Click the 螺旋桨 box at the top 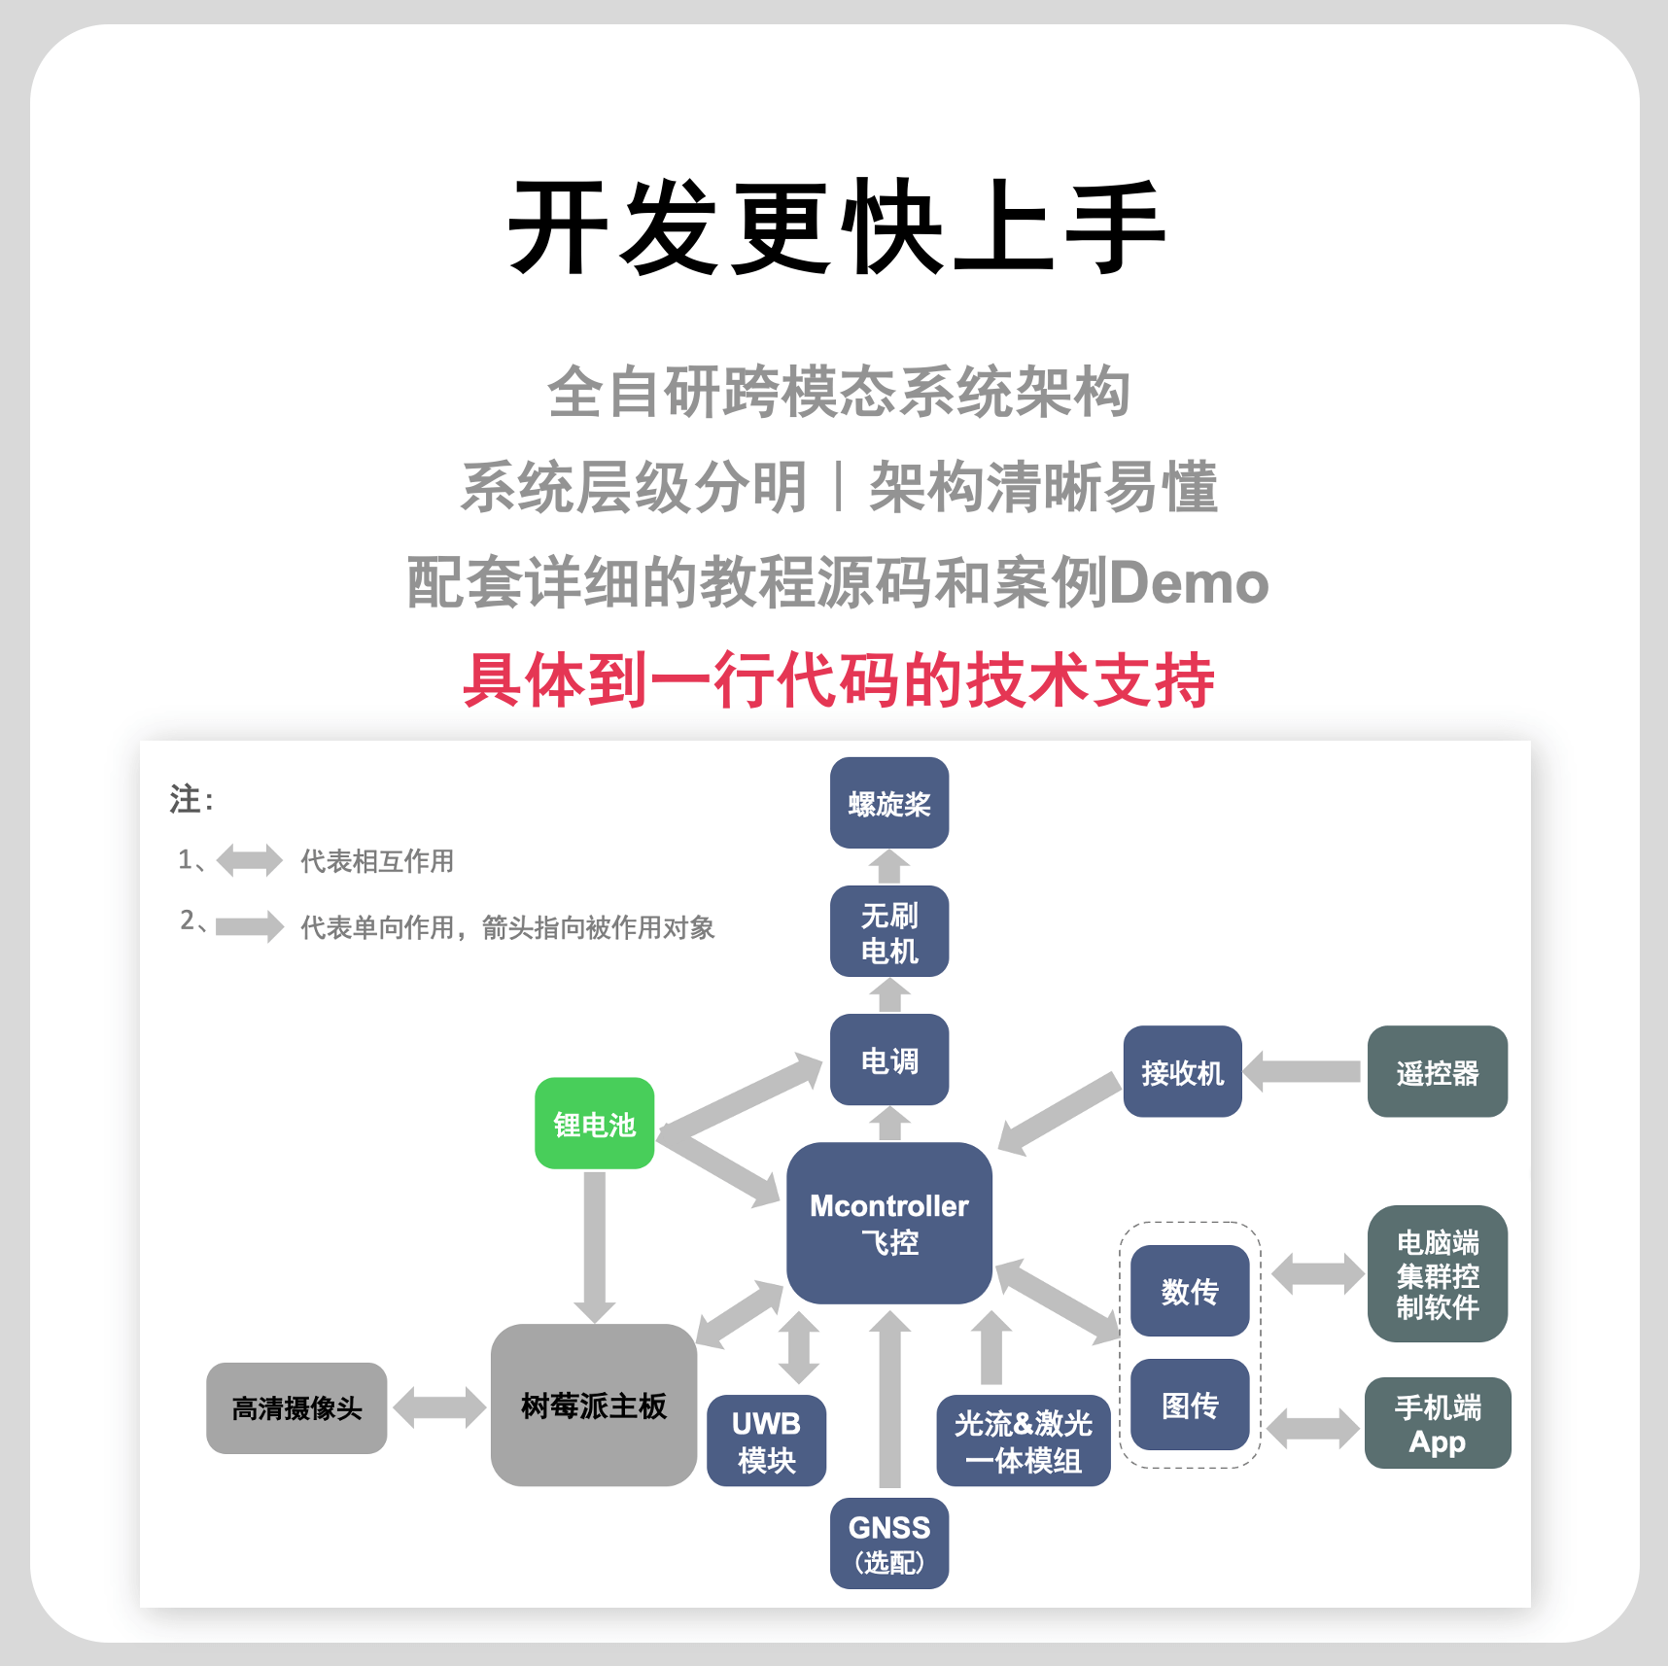(888, 803)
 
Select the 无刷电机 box (888, 931)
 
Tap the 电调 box (888, 1059)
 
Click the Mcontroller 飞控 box (888, 1223)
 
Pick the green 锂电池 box (594, 1124)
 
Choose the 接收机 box (1182, 1072)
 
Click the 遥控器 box (1437, 1072)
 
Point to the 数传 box (1190, 1291)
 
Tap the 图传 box (1190, 1405)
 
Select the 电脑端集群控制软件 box (1437, 1274)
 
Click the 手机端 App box (1437, 1423)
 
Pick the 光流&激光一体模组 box (1023, 1441)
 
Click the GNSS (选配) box (888, 1544)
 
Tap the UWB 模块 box (766, 1441)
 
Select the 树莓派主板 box (593, 1406)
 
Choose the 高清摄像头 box (296, 1407)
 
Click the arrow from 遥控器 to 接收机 (1303, 1072)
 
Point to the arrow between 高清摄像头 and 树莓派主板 (438, 1407)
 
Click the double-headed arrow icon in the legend (249, 860)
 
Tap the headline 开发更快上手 (836, 227)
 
